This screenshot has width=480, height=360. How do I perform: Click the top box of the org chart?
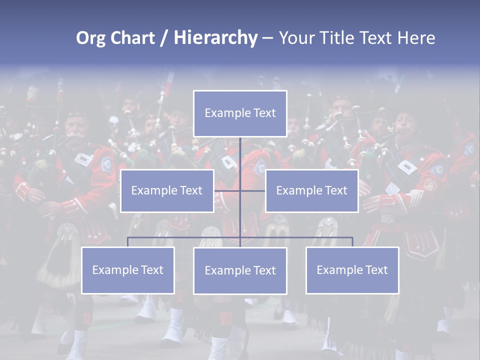240,113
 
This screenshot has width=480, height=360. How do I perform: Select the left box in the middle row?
167,190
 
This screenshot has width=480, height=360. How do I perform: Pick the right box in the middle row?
311,190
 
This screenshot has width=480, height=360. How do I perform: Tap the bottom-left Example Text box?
127,270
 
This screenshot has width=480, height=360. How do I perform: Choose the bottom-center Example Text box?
240,270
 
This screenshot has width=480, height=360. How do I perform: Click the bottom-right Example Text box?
352,270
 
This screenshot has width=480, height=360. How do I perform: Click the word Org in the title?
90,38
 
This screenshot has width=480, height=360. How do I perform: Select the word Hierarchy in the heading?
215,38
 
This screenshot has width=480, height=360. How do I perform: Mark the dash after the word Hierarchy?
267,38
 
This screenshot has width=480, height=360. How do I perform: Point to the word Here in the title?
416,38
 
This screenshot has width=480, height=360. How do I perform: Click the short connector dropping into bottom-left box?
127,242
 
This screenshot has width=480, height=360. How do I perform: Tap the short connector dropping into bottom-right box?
352,242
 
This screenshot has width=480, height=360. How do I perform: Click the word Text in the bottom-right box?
376,270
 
